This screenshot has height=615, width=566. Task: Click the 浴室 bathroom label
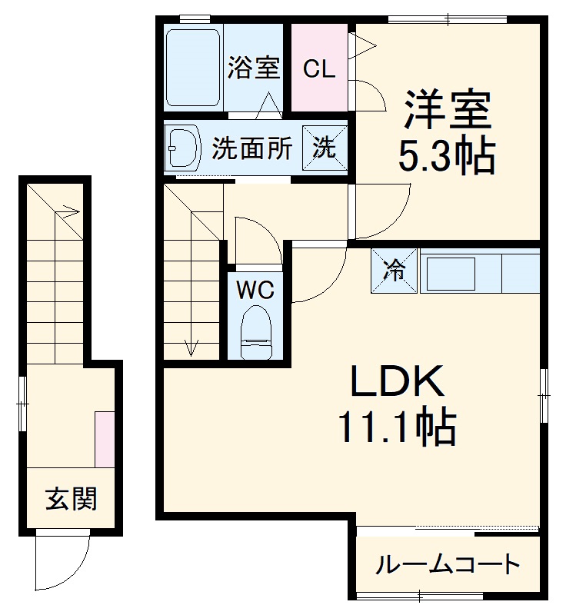coord(252,68)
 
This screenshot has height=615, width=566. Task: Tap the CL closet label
coord(318,69)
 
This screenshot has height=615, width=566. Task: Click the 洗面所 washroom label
coord(252,148)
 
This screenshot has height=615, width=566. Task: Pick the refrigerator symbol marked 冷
coord(395,271)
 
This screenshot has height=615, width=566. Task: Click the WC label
coord(255,291)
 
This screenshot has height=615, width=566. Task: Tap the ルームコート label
coord(448,567)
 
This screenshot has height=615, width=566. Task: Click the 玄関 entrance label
coord(71,500)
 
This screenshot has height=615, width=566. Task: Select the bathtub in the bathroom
coord(194,68)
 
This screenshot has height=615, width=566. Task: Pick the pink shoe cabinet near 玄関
coord(105,439)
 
